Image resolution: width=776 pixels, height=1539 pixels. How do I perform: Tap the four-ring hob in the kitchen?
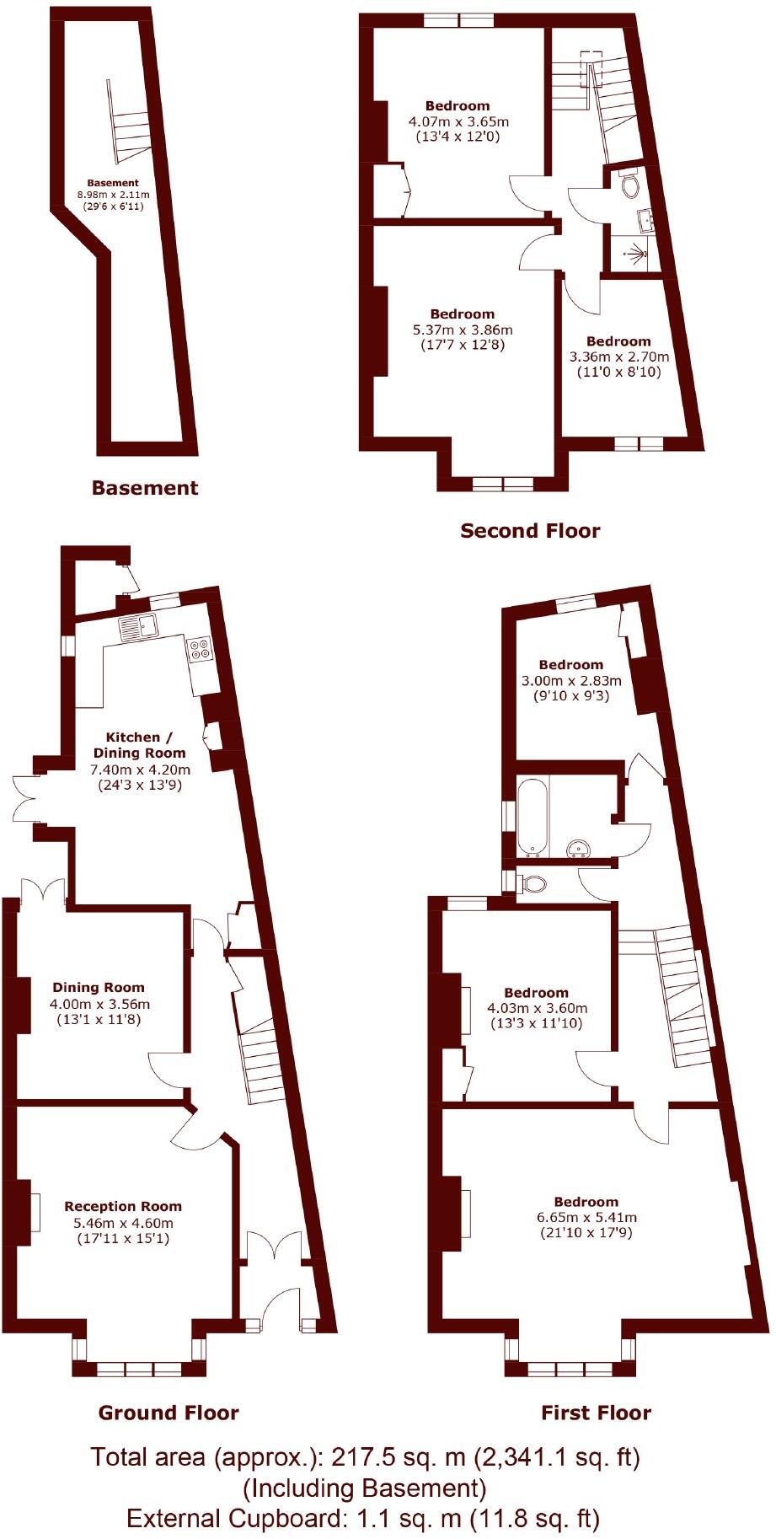(x=201, y=647)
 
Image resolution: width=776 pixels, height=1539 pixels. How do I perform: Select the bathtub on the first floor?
(x=533, y=816)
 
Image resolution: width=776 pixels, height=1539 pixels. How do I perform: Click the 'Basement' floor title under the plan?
(x=145, y=488)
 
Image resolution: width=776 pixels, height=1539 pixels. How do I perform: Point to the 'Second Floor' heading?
(x=530, y=531)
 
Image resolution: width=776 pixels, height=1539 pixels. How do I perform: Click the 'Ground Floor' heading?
(x=169, y=1413)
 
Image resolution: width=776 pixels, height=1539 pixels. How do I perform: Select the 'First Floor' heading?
(x=596, y=1413)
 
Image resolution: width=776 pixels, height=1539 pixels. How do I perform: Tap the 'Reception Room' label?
(x=123, y=1206)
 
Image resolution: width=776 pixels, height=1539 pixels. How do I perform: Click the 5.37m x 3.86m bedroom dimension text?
(x=463, y=330)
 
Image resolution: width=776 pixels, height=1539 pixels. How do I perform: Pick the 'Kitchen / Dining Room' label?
(x=139, y=745)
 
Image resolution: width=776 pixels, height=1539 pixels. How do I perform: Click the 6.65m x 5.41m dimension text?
(x=586, y=1217)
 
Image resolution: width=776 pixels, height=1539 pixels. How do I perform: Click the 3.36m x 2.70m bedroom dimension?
(x=618, y=357)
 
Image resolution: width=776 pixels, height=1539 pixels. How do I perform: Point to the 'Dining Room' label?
(x=99, y=987)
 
